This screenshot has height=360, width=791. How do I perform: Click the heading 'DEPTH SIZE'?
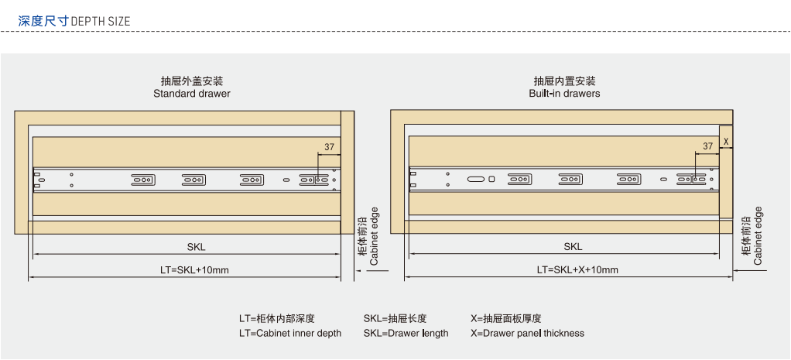101,21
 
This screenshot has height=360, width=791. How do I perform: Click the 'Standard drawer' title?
192,94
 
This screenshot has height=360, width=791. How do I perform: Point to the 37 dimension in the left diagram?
329,147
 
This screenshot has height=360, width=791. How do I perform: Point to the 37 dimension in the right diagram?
707,146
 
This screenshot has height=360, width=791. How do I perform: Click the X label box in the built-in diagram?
726,142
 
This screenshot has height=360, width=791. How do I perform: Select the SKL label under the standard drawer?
197,247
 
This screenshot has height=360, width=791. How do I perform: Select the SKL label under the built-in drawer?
573,247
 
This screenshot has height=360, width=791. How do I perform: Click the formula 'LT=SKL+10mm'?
194,270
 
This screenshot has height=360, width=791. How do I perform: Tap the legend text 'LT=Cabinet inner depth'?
289,334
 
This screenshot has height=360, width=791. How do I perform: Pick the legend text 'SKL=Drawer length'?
406,334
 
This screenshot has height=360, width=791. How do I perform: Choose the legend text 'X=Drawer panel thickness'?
527,334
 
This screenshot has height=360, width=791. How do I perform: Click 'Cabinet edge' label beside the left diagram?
374,236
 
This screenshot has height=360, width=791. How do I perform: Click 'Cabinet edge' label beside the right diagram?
758,236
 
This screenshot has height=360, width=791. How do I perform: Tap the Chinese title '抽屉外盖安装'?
192,81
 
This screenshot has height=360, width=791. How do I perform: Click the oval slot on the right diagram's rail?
476,180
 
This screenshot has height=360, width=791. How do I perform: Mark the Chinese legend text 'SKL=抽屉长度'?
395,319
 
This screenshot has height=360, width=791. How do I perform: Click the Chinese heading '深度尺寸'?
43,21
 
